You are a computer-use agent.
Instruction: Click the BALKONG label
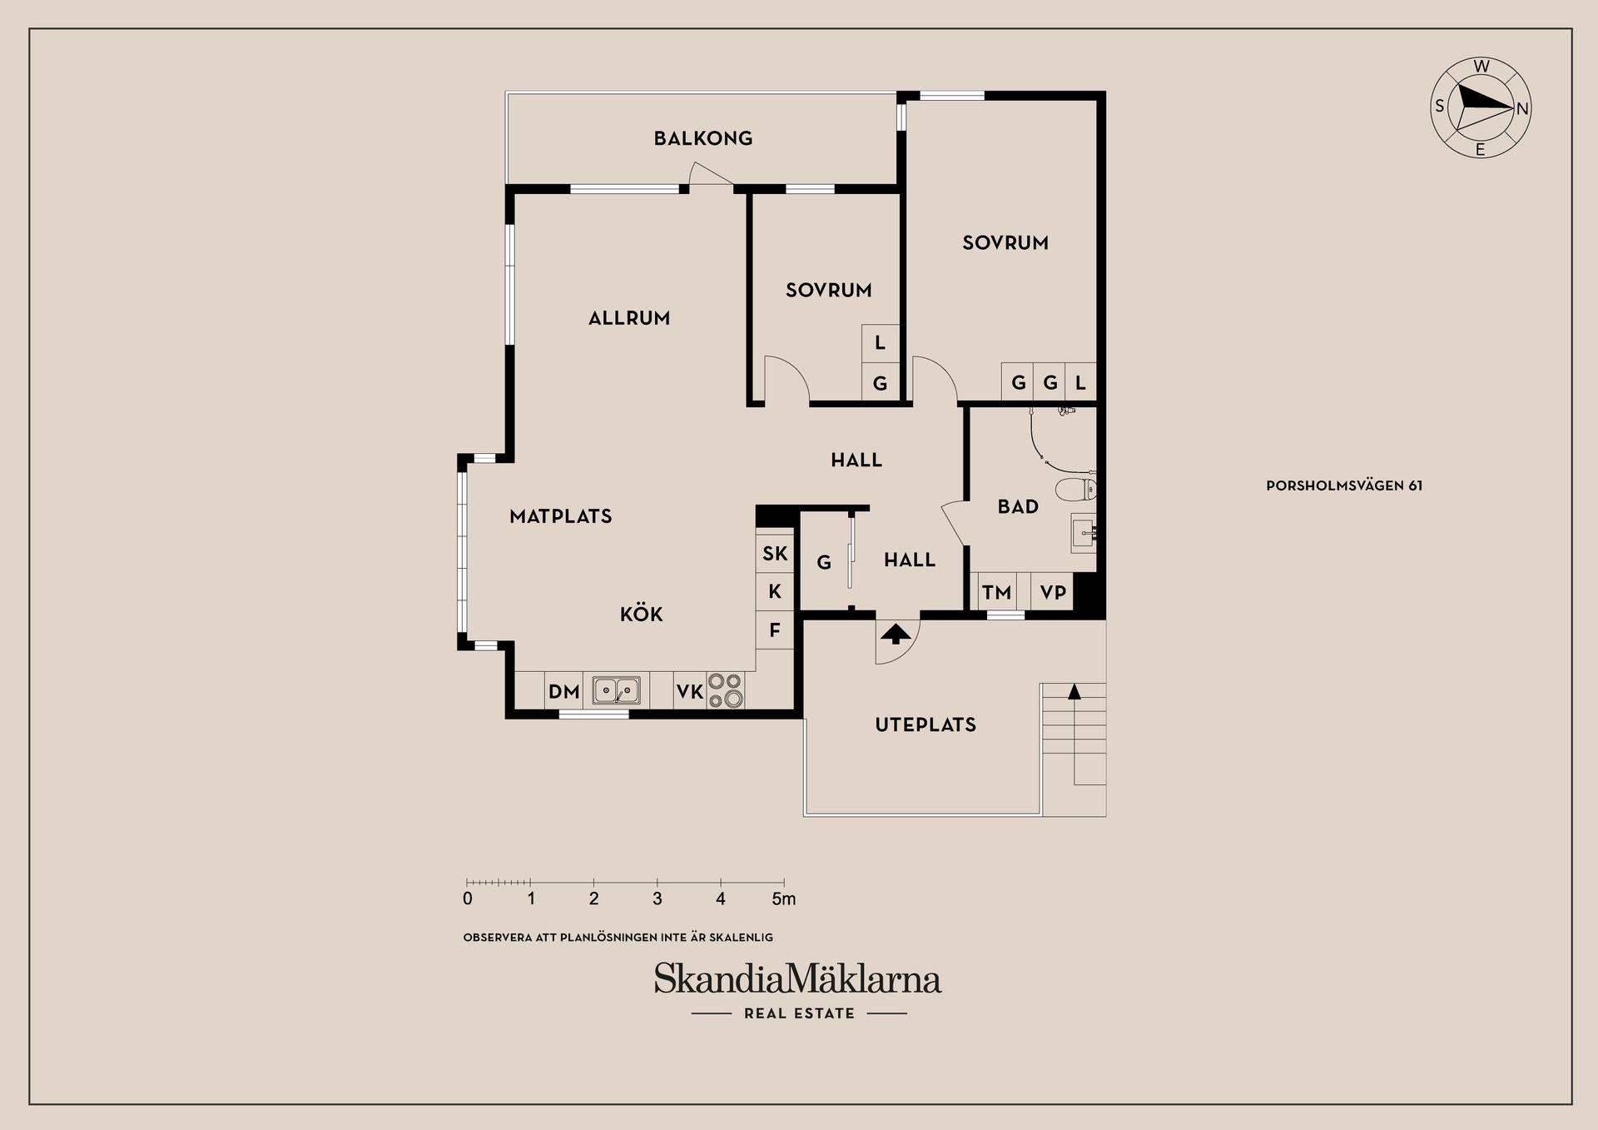(x=703, y=138)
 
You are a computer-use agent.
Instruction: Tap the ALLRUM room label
(x=629, y=318)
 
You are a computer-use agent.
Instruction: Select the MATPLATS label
(x=561, y=516)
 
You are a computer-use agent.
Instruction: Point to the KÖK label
(x=642, y=615)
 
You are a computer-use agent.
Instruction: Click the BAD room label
(x=1018, y=506)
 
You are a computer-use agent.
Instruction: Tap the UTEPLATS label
(x=926, y=724)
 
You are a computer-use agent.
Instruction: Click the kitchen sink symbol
(x=617, y=690)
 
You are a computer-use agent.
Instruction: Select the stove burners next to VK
(x=726, y=690)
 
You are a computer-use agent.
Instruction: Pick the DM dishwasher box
(x=563, y=691)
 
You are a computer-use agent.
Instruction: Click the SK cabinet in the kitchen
(x=775, y=554)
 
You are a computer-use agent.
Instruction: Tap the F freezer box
(x=775, y=630)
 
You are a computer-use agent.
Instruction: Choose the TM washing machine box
(x=996, y=593)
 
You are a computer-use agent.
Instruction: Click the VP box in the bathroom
(x=1053, y=593)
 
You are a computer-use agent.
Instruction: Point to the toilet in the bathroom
(x=1075, y=489)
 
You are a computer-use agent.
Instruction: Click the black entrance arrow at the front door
(x=896, y=635)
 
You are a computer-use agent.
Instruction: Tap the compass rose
(x=1481, y=108)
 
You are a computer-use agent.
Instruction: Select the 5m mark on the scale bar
(x=783, y=899)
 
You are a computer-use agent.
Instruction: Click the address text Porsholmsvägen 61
(x=1344, y=485)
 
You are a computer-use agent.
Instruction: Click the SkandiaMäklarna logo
(x=797, y=980)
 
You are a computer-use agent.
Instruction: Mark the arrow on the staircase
(x=1074, y=691)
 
